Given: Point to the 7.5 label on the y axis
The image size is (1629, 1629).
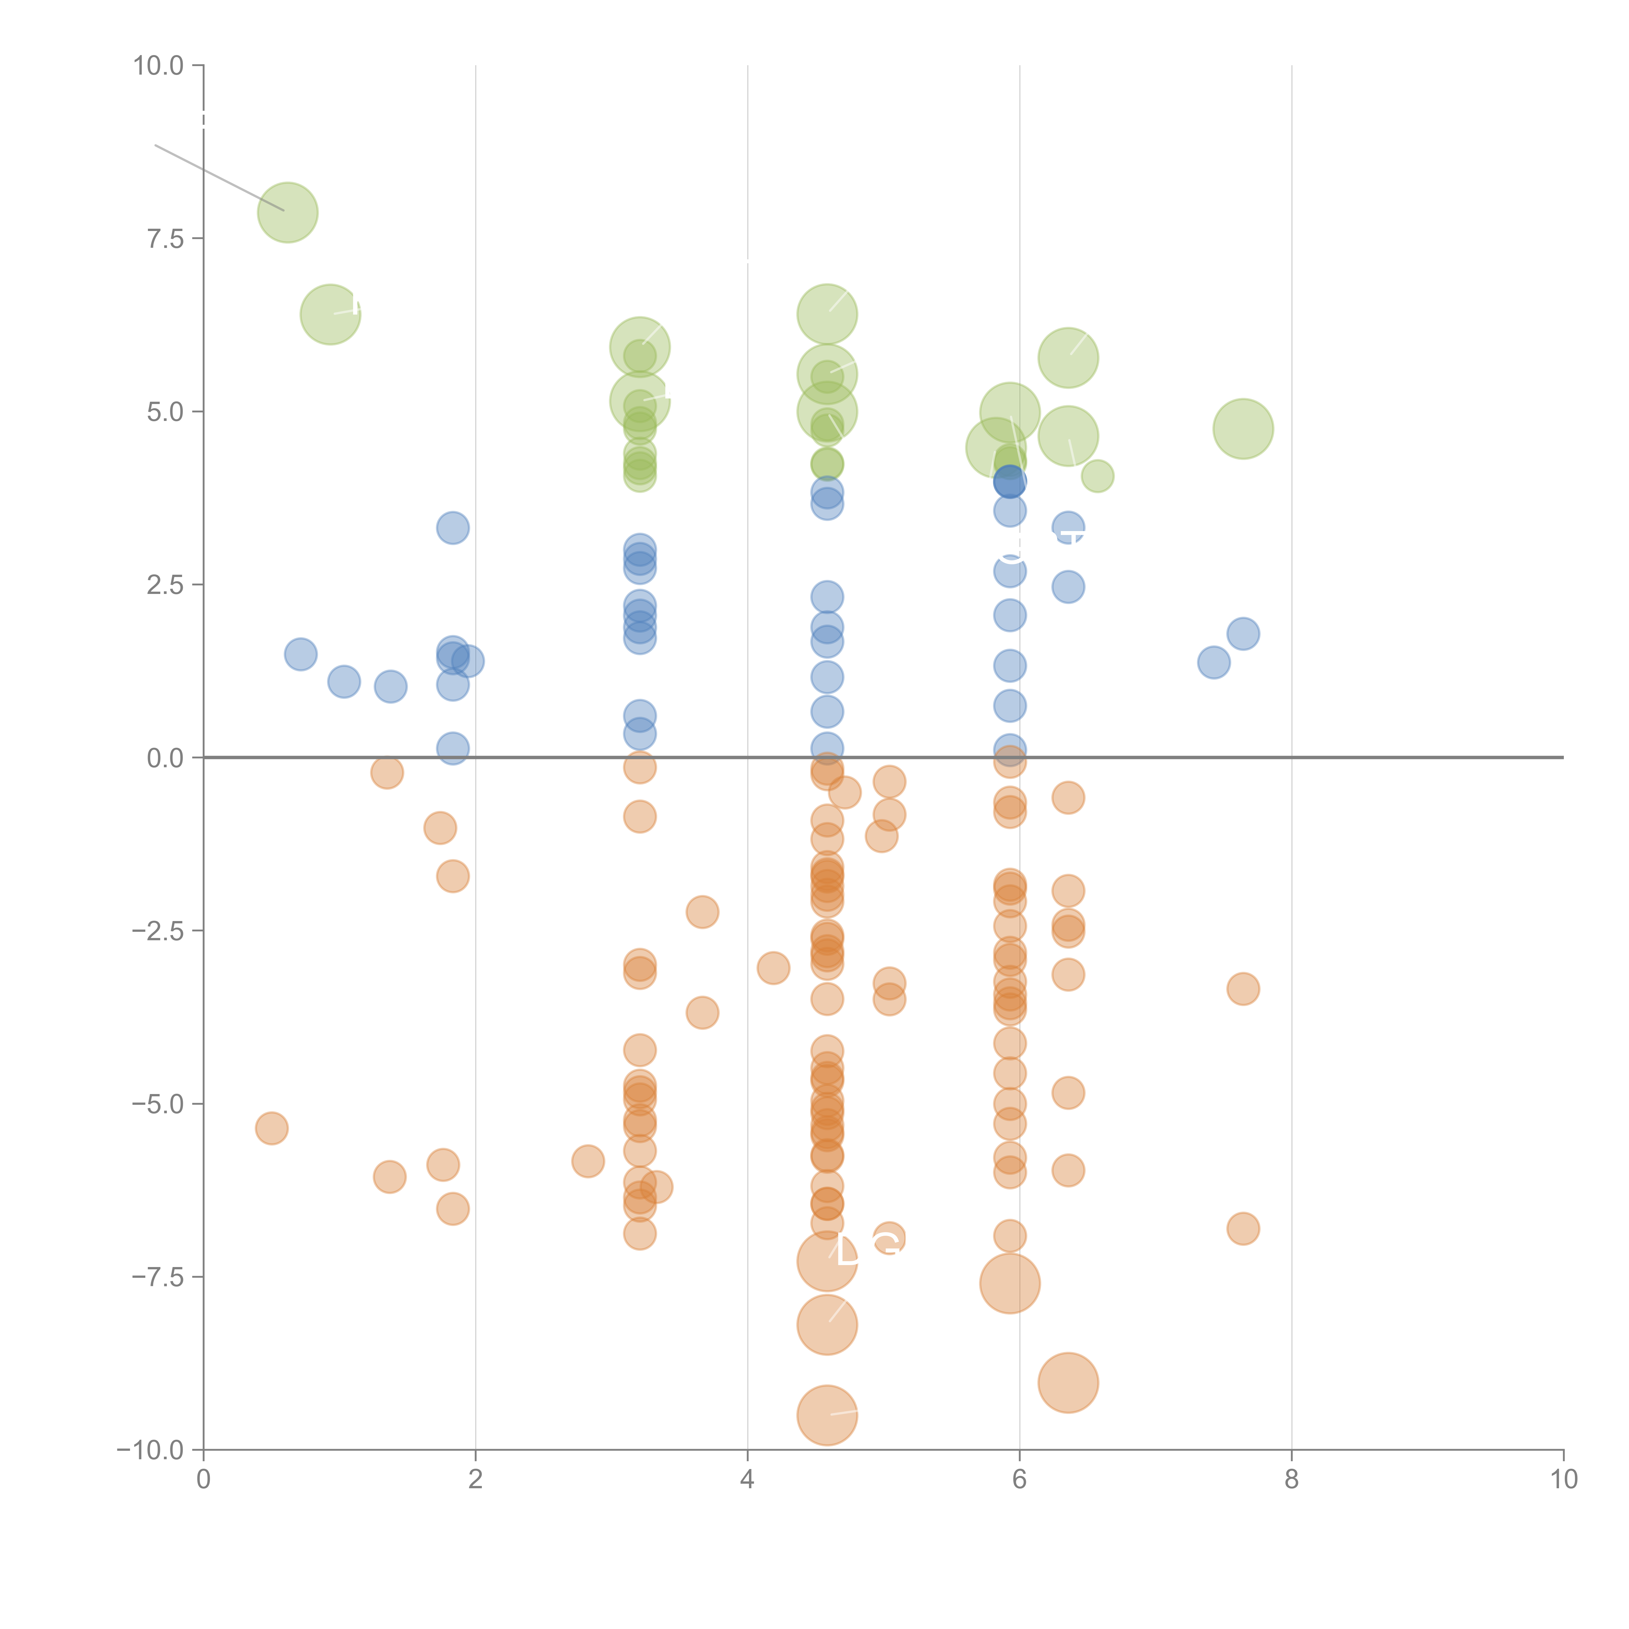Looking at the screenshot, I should coord(165,238).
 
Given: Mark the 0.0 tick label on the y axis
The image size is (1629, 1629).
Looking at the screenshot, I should coord(165,758).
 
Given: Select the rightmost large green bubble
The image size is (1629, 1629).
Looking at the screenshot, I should coord(1243,429).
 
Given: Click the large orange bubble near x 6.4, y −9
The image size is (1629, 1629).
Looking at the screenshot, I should coord(1068,1383).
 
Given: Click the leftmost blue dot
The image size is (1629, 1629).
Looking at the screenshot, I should coord(300,654).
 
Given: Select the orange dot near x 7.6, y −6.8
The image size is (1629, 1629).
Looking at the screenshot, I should coord(1243,1229).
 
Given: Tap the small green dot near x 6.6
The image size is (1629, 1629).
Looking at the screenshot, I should coord(1097,476).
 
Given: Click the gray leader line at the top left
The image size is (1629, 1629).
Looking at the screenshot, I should coord(219,177).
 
